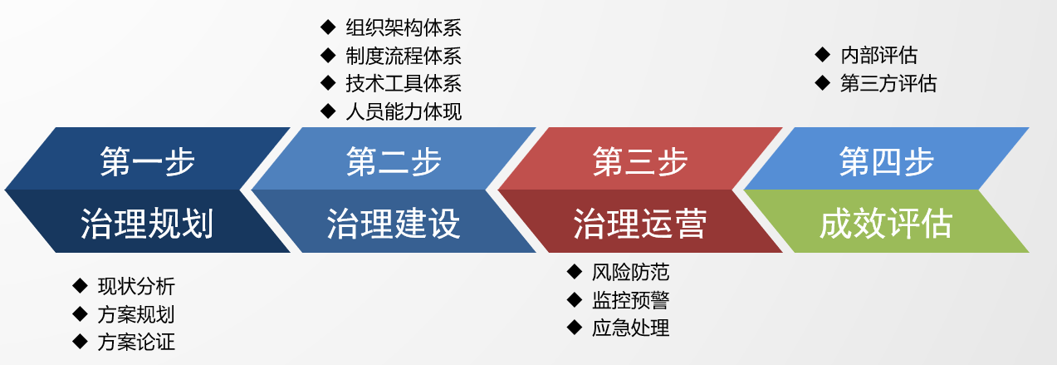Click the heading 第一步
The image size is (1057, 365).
coord(147,161)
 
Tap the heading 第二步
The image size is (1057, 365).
coord(394,161)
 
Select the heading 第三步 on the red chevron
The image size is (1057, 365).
coord(640,161)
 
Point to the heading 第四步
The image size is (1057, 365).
coord(886,161)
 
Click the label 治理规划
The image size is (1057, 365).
coord(147,224)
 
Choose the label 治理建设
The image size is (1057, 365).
coord(394,224)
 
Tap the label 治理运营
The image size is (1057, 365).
coord(640,224)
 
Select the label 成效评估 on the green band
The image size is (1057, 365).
coord(886,224)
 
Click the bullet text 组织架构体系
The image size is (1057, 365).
coord(404,28)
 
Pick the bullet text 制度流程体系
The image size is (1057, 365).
coord(404,56)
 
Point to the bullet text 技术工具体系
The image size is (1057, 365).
coord(404,84)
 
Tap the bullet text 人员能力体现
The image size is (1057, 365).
coord(404,111)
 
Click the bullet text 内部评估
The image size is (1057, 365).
coord(878,56)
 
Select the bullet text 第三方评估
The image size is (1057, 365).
coord(888,84)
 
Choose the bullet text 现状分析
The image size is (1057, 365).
coord(136,286)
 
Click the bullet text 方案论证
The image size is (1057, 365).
coord(136,342)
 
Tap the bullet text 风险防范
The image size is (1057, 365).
coord(630,272)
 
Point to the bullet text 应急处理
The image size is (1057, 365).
coord(630,328)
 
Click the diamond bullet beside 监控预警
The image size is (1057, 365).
coord(575,299)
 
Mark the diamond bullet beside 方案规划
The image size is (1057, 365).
coord(81,313)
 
